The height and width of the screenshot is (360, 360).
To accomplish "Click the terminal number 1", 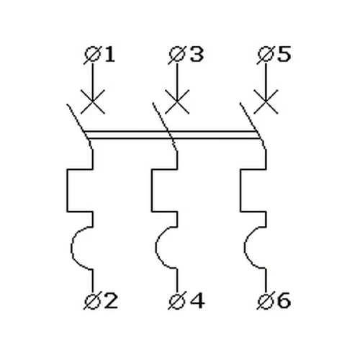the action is pos(110,54).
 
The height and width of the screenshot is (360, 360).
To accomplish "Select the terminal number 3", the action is pos(197,54).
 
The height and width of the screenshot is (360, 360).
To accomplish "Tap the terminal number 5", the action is pos(284,54).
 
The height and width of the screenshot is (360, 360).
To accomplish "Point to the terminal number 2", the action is pos(112,300).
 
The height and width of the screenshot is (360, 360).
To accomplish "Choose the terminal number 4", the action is pos(197,300).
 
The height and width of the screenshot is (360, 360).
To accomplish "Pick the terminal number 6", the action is pos(284,300).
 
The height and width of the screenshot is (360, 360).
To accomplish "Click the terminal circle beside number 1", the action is pos(92,55).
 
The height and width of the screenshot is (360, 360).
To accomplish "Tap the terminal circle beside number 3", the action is pos(177,55).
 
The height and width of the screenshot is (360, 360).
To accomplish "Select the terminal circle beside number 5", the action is pos(266,55).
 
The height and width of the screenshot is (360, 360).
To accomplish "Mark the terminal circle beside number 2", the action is pos(92,301).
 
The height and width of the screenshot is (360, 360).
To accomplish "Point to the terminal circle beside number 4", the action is pos(177,301).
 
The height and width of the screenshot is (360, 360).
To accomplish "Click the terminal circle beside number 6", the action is pos(266,301).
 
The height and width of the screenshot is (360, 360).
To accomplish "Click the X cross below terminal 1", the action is pos(93,102).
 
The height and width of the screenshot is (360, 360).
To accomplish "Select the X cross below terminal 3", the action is pos(177,102).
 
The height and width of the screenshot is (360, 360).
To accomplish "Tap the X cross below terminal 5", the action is pos(266,102).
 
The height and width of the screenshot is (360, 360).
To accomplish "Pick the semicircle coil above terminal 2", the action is pos(71,248).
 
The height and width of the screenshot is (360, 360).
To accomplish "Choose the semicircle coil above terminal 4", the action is pos(156,248).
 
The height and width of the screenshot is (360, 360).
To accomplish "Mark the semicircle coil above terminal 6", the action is pos(245,248).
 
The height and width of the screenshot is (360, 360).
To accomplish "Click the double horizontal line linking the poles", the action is pos(172,135).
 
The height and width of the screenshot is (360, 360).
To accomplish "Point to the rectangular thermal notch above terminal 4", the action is pos(152,191).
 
